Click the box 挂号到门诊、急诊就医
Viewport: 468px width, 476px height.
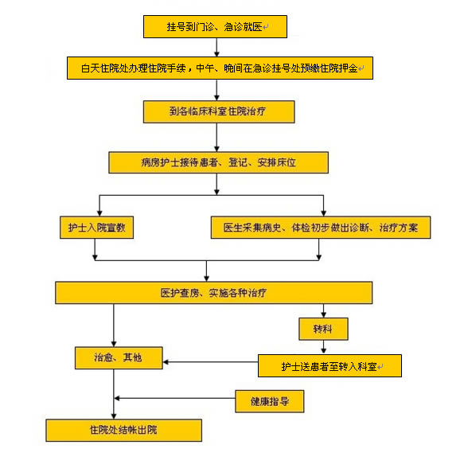pos(215,27)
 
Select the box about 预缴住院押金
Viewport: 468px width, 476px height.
pos(220,68)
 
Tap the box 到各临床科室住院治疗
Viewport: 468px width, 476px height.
pos(219,111)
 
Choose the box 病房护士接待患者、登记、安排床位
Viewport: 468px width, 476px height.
pos(219,162)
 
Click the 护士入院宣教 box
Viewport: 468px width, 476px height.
pos(97,228)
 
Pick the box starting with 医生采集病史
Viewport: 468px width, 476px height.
pos(321,228)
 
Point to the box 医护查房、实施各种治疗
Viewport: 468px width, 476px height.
pos(213,293)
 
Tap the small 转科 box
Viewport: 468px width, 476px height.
pos(323,329)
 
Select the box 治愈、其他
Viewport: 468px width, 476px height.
pos(119,358)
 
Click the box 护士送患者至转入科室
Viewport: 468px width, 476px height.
pos(330,366)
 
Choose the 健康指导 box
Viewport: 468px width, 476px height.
pos(270,401)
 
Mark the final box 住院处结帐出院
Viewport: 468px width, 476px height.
pos(124,430)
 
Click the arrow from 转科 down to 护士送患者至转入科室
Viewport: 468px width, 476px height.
pos(323,347)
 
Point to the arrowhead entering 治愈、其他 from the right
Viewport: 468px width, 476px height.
pos(166,362)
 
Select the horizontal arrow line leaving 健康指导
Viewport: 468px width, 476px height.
pos(175,398)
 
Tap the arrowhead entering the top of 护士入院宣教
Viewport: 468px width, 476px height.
pos(99,213)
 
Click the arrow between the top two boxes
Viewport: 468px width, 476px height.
pos(216,47)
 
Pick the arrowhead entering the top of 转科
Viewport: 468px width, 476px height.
pos(323,314)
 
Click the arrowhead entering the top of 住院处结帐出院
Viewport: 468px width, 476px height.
pos(114,416)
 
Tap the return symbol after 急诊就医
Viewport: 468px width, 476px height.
pos(266,27)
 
